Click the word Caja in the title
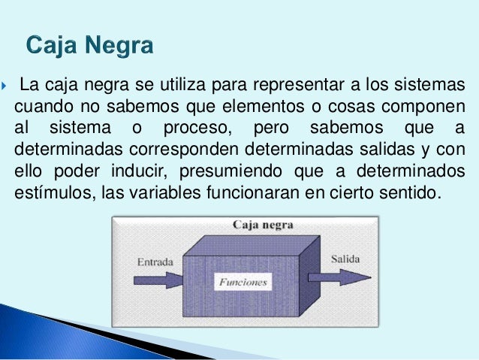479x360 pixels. [x=53, y=47]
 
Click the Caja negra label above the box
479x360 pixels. [x=263, y=225]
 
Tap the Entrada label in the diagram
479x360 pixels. [x=155, y=263]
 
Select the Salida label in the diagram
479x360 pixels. [x=345, y=259]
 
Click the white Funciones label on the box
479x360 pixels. [x=243, y=283]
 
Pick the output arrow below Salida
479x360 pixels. [x=342, y=277]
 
